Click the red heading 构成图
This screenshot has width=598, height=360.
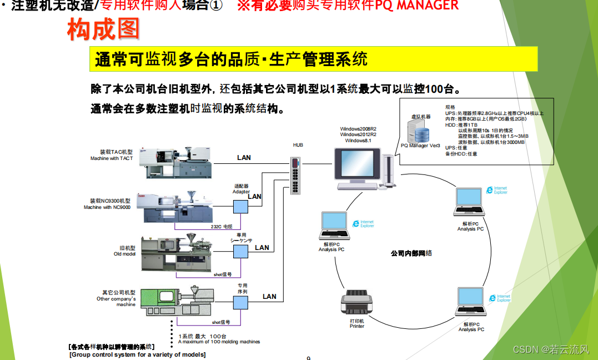[103, 30]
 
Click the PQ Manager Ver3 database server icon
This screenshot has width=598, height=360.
[420, 132]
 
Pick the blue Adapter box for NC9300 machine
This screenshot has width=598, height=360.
[240, 206]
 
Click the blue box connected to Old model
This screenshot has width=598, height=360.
[240, 252]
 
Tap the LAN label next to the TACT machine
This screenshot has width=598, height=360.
[244, 158]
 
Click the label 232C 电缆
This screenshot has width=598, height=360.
[222, 227]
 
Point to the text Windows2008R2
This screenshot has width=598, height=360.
[358, 129]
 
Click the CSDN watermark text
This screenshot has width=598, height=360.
[550, 349]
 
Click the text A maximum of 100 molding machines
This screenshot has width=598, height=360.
[219, 342]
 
